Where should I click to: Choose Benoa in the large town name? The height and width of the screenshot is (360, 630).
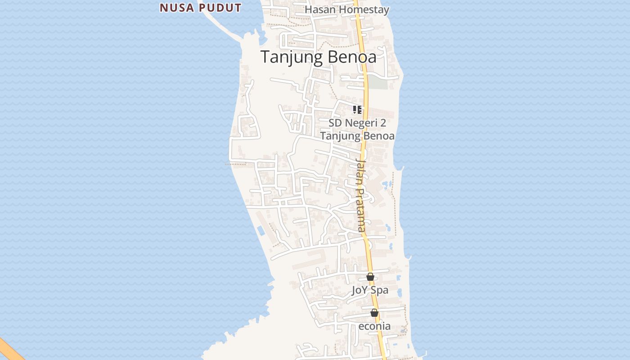point(351,57)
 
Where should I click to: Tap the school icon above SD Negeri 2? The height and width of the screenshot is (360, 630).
point(357,109)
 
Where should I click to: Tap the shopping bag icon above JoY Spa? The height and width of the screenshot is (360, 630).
point(370,277)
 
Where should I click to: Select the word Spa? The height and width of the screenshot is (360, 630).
point(380,290)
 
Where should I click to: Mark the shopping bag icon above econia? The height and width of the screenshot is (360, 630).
point(374,313)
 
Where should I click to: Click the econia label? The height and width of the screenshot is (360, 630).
point(374,326)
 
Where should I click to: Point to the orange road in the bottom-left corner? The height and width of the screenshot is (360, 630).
point(9,349)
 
